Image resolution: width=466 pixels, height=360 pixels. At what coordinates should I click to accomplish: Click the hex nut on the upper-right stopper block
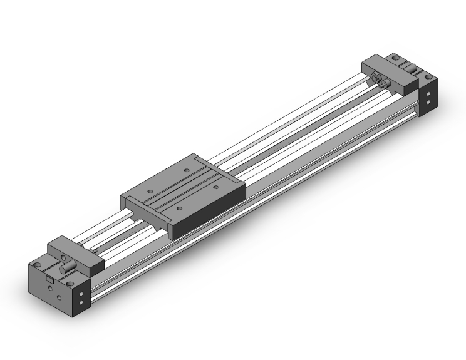(x=376, y=76)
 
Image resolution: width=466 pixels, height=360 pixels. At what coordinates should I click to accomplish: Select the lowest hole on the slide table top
(x=180, y=207)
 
